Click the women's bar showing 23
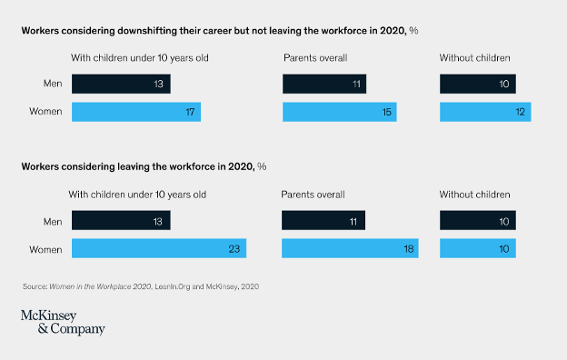coord(158,248)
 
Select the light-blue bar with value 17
coord(135,112)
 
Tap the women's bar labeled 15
coord(339,112)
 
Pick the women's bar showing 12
coord(485,112)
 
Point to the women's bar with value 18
coord(350,248)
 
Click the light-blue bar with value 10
coord(477,248)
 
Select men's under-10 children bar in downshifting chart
coord(121,85)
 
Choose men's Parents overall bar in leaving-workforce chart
coord(323,221)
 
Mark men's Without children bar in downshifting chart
coord(477,85)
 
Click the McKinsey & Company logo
coord(63,322)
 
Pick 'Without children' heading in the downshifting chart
coord(474,58)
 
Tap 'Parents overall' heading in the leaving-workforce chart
coord(314,195)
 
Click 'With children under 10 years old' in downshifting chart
coord(139,58)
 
